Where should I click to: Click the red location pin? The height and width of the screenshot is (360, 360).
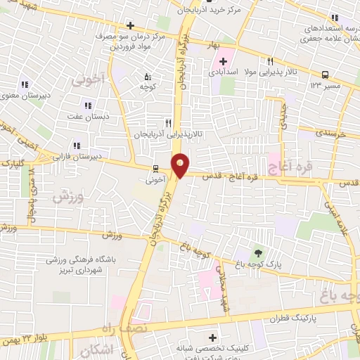(181, 164)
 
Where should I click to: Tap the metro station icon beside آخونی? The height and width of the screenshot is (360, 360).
(155, 169)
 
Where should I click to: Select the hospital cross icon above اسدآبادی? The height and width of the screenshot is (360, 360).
(223, 61)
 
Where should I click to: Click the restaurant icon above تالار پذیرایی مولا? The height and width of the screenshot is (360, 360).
(270, 61)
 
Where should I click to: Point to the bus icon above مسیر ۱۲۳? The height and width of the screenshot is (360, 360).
(325, 75)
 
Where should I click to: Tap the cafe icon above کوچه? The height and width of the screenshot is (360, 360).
(147, 77)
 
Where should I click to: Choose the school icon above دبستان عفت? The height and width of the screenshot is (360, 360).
(88, 105)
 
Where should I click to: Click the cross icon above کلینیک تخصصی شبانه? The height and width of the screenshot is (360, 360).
(213, 337)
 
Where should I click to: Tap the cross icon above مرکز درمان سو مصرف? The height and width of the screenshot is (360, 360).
(130, 25)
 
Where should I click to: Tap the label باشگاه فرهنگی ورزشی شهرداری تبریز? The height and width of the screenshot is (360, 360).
(77, 264)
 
